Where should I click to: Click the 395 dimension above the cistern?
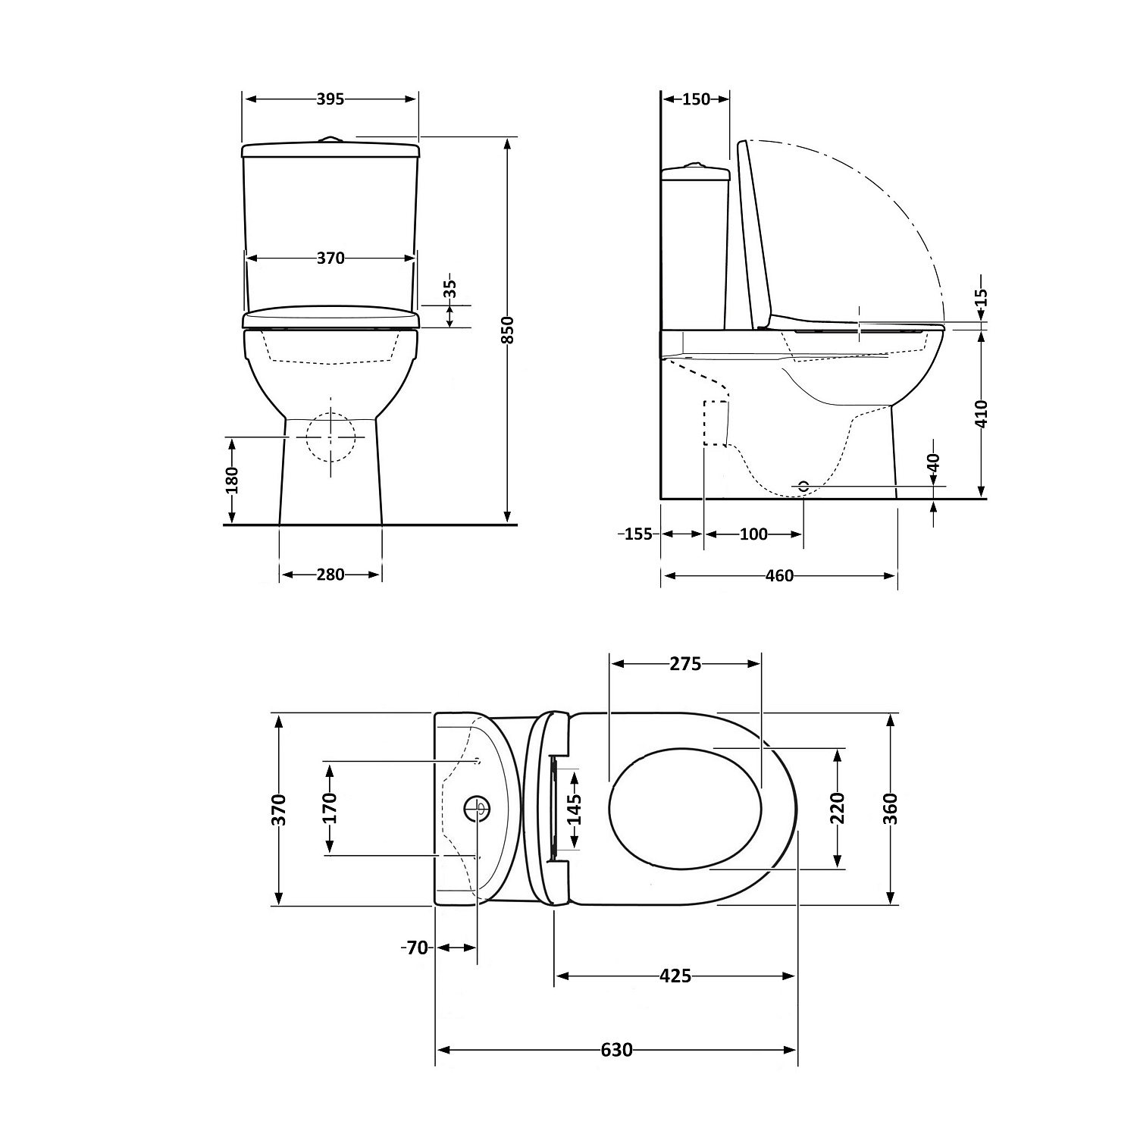click(x=330, y=99)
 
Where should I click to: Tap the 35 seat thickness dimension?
click(x=450, y=289)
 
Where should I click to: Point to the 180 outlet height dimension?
click(x=232, y=480)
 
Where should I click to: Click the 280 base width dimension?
click(x=330, y=575)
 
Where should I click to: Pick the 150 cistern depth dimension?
click(x=696, y=99)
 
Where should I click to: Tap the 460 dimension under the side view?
click(x=779, y=576)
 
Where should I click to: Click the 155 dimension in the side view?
click(x=637, y=534)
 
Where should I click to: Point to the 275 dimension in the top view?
click(x=685, y=664)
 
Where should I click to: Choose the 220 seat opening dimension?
click(x=837, y=808)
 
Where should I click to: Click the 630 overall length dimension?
click(x=615, y=1050)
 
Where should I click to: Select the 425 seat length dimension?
click(x=675, y=976)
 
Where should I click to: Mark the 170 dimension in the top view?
click(x=330, y=808)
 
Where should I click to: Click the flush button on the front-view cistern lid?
click(x=330, y=139)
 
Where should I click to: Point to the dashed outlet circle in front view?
click(x=330, y=437)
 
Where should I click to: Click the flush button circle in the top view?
click(x=478, y=808)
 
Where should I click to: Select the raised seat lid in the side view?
click(x=754, y=235)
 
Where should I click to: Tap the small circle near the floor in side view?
click(x=803, y=486)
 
